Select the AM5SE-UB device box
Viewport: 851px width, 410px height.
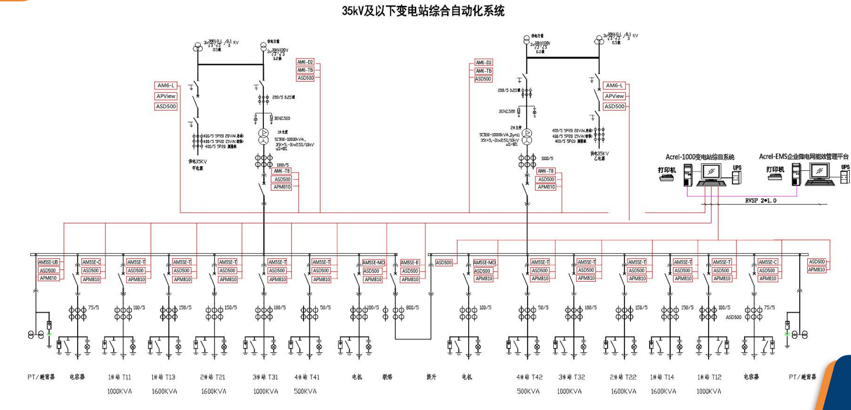tap(49, 262)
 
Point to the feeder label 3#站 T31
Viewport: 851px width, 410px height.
tap(266, 377)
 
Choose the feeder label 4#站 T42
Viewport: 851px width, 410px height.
tap(529, 377)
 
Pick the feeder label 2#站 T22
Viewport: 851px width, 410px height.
tap(623, 377)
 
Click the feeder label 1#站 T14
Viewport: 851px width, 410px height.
tap(664, 377)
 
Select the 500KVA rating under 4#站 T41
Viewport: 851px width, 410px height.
tap(305, 391)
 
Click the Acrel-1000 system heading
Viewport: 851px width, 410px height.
tap(700, 157)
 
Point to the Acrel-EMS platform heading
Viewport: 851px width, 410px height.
tap(804, 157)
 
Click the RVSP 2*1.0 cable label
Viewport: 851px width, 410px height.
tap(761, 200)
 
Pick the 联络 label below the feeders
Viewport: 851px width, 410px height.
tap(388, 377)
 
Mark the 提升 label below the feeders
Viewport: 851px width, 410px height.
tap(432, 377)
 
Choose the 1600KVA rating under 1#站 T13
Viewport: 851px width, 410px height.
tap(164, 391)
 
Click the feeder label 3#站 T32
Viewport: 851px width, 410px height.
tap(570, 377)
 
